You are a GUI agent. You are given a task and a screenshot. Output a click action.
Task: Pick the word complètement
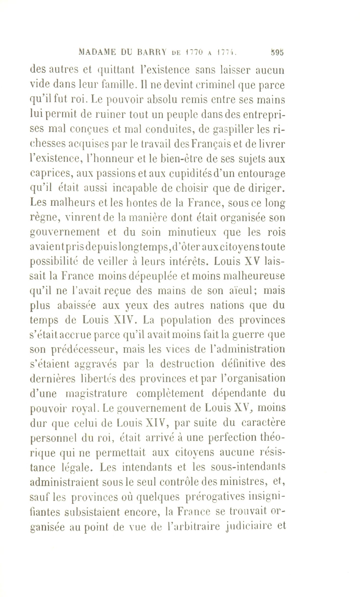170,393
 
